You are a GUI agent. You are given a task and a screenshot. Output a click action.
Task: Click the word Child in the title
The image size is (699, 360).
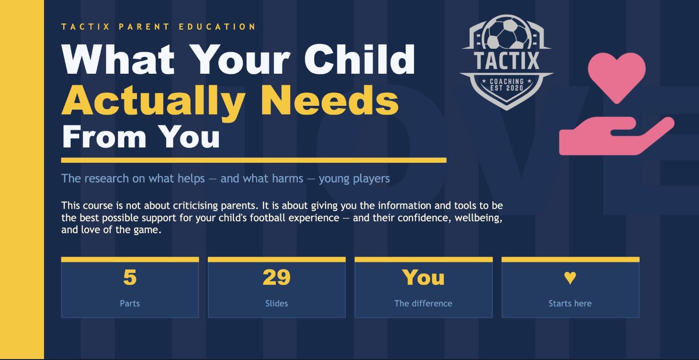360,60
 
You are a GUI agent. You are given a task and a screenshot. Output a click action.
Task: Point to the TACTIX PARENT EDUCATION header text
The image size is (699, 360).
158,27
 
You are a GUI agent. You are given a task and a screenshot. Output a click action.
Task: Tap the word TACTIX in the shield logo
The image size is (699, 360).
507,61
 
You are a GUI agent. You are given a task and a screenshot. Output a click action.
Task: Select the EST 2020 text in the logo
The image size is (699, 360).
507,89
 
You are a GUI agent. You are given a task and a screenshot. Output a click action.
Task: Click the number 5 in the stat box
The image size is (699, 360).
130,277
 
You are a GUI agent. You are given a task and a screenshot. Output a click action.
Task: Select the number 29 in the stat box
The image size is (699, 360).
276,277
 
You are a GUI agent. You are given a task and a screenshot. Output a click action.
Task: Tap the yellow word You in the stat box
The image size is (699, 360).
423,277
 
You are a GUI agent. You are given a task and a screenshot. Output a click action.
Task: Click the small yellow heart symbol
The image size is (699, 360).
570,277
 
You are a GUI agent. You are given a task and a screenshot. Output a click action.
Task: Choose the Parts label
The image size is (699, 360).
130,304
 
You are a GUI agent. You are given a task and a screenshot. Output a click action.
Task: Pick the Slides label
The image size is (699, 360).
276,304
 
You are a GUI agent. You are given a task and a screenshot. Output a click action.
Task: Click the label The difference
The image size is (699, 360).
423,304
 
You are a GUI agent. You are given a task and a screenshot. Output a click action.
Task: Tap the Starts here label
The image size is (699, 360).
570,304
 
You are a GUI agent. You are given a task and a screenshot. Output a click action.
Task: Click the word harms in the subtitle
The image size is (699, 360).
286,179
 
